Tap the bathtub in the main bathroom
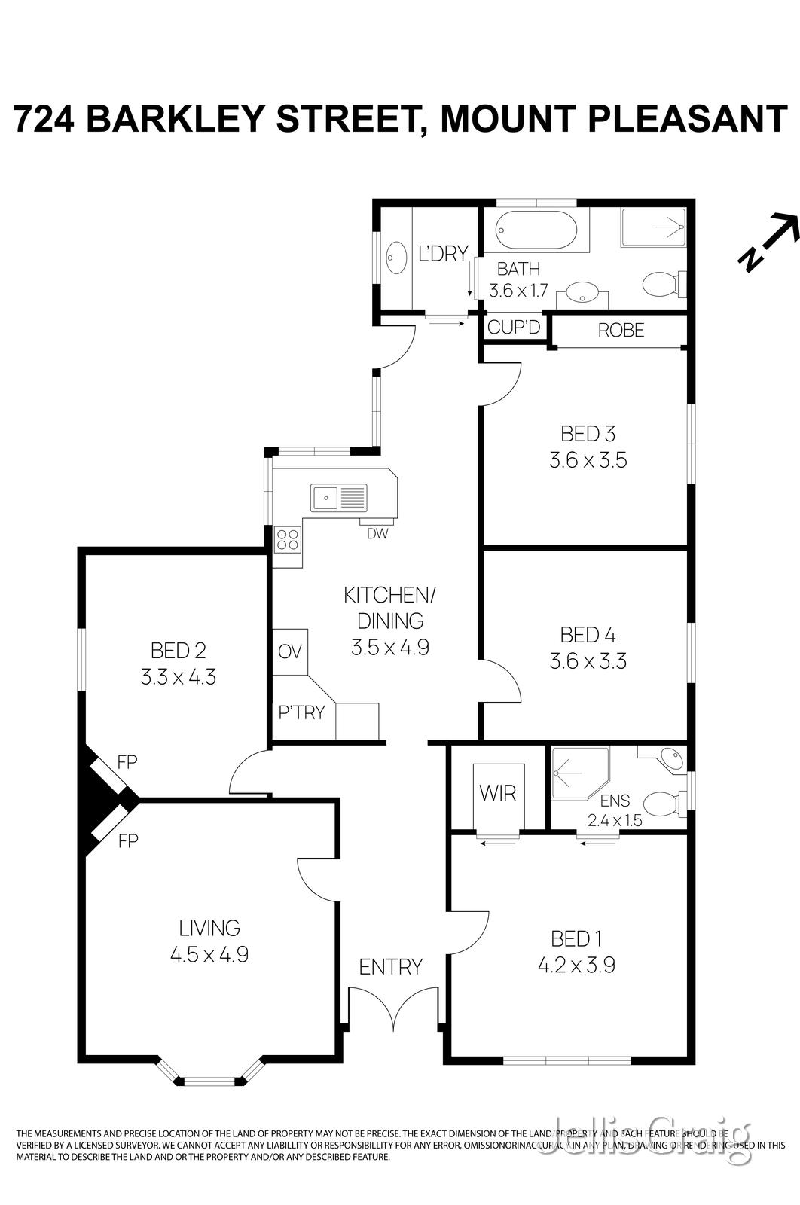point(536,230)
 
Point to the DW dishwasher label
point(377,534)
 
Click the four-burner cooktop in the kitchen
point(287,539)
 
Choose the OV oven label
point(289,651)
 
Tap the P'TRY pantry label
point(301,712)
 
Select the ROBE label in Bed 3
point(621,330)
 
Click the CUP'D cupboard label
point(514,328)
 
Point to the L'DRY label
point(443,254)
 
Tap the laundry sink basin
point(395,258)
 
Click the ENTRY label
point(390,966)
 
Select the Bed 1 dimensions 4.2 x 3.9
point(576,965)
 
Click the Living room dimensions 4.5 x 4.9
point(209,954)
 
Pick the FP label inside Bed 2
point(127,761)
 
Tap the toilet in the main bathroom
point(661,285)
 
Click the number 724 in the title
point(44,119)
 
